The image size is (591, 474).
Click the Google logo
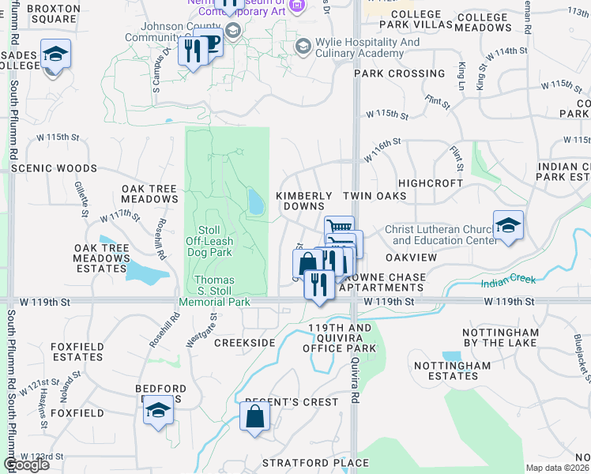pos(26,465)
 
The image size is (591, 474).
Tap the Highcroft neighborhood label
pos(431,182)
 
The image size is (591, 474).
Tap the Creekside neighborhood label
pos(245,343)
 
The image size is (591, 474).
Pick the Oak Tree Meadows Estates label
pos(101,259)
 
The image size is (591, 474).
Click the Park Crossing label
pos(400,73)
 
